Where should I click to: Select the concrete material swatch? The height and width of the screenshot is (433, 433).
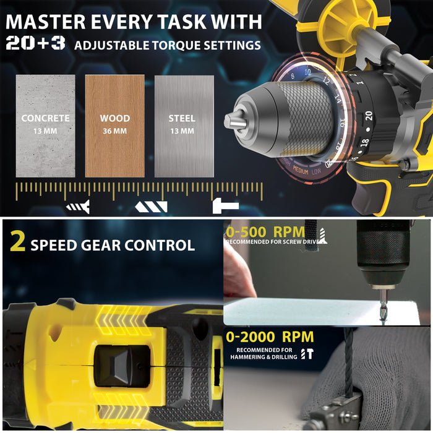point(45,126)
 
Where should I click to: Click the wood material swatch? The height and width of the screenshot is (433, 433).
point(114,126)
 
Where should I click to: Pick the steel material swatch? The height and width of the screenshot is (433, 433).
point(184,126)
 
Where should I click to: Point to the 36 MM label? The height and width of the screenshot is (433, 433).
point(114,131)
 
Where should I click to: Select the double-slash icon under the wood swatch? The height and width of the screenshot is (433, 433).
point(152,206)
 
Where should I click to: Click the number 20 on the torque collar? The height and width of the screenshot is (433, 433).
point(369,115)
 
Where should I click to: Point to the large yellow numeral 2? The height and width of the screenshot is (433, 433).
point(19,243)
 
